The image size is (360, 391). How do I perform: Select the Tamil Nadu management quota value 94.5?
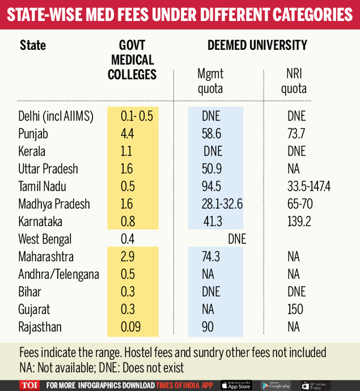(x=211, y=186)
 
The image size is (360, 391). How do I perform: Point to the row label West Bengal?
(x=45, y=239)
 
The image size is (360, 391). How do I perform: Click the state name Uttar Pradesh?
(x=48, y=169)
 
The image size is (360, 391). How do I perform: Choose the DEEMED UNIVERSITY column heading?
(x=257, y=46)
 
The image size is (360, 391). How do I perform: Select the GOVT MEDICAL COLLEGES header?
(x=132, y=60)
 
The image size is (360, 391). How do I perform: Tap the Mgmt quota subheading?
(x=210, y=81)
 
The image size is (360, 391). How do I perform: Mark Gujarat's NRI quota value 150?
(x=295, y=310)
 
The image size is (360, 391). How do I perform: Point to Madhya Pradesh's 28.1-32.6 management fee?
(x=222, y=204)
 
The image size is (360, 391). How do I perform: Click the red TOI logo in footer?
(x=28, y=384)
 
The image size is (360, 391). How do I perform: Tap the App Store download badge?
(x=236, y=384)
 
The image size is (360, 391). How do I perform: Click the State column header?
(x=32, y=46)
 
